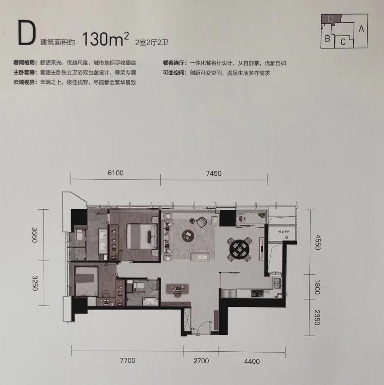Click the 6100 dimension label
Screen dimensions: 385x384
click(115, 173)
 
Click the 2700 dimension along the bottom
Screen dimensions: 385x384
click(201, 361)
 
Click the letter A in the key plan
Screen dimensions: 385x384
click(361, 29)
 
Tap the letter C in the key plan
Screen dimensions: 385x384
click(343, 41)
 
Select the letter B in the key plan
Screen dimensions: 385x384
click(327, 39)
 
